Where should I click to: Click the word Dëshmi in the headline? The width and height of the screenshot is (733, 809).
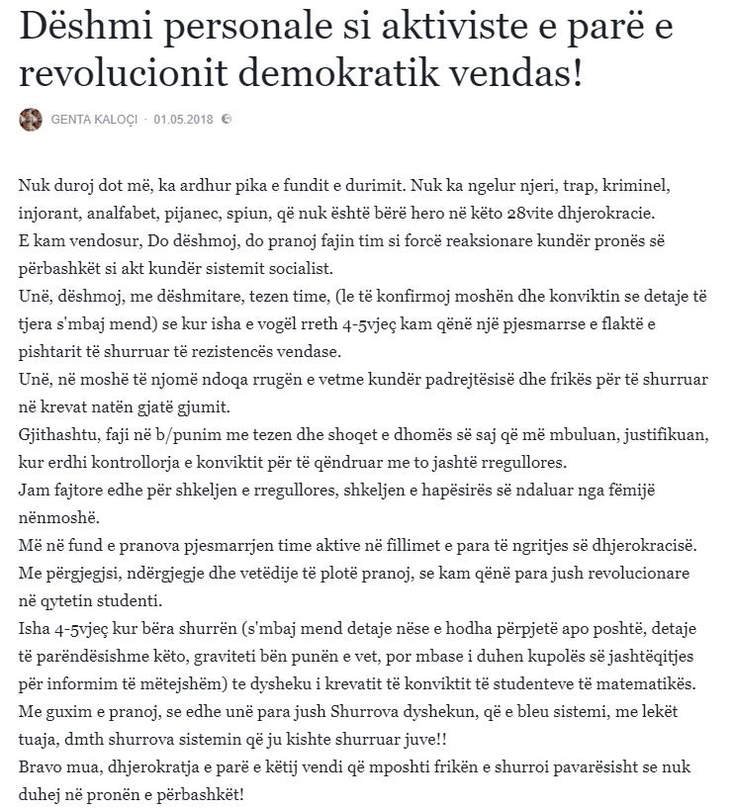[78, 30]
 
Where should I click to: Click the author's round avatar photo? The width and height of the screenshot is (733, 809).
[30, 120]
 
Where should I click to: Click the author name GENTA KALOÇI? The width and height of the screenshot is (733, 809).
[95, 120]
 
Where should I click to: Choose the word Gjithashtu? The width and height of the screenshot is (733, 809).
[58, 434]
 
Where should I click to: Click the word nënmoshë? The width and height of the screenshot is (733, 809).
[55, 517]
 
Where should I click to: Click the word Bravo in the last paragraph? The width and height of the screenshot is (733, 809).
[41, 767]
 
